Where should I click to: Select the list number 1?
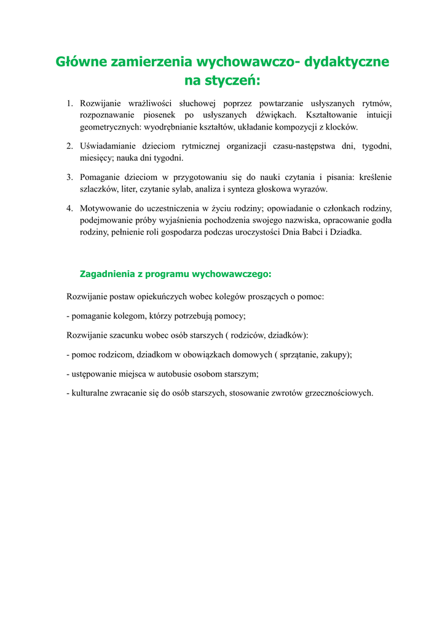pos(69,103)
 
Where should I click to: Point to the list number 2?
pos(69,146)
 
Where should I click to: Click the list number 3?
pos(69,177)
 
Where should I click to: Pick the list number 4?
pos(69,208)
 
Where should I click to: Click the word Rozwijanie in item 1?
pos(101,103)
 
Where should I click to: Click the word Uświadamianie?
pos(109,146)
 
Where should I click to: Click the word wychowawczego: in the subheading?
pos(232,273)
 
